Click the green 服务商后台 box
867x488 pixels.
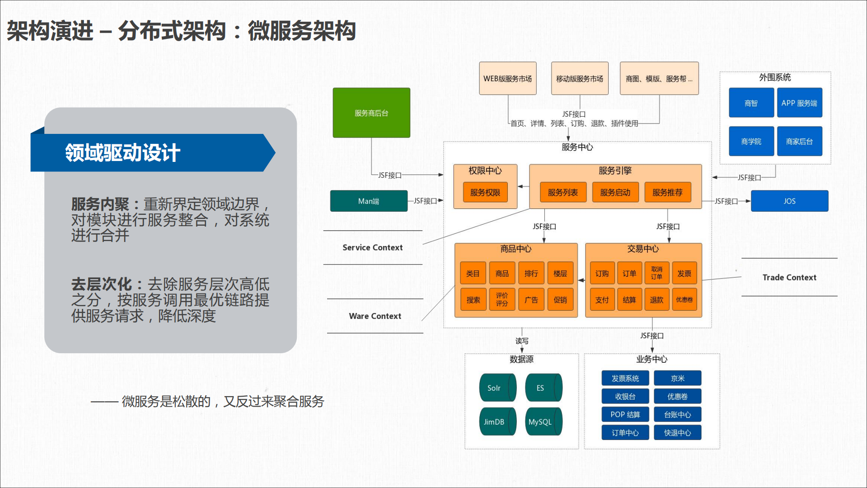tap(371, 113)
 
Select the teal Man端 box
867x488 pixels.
tap(369, 201)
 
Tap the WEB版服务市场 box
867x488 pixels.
tap(507, 78)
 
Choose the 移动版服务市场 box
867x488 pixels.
tap(580, 78)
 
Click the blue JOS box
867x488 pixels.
tap(789, 201)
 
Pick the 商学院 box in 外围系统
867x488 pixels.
tap(751, 142)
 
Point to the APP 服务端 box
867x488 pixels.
tap(799, 103)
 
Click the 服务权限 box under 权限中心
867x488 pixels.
tap(485, 192)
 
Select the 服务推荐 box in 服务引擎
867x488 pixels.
tap(667, 192)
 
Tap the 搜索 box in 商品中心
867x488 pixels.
tap(473, 299)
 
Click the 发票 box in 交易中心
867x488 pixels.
tap(684, 273)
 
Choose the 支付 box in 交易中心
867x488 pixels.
tap(602, 299)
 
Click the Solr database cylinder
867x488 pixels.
tap(496, 388)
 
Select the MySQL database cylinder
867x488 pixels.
tap(542, 422)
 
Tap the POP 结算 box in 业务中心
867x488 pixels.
tap(625, 414)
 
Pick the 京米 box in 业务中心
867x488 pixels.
tap(677, 378)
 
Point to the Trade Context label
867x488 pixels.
tap(789, 277)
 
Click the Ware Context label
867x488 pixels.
tap(375, 316)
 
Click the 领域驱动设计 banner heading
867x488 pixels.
tap(123, 153)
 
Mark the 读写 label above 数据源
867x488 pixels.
tap(522, 341)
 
